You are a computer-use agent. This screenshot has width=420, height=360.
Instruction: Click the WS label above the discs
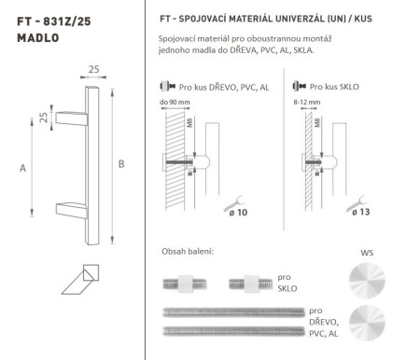pyautogui.click(x=365, y=253)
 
